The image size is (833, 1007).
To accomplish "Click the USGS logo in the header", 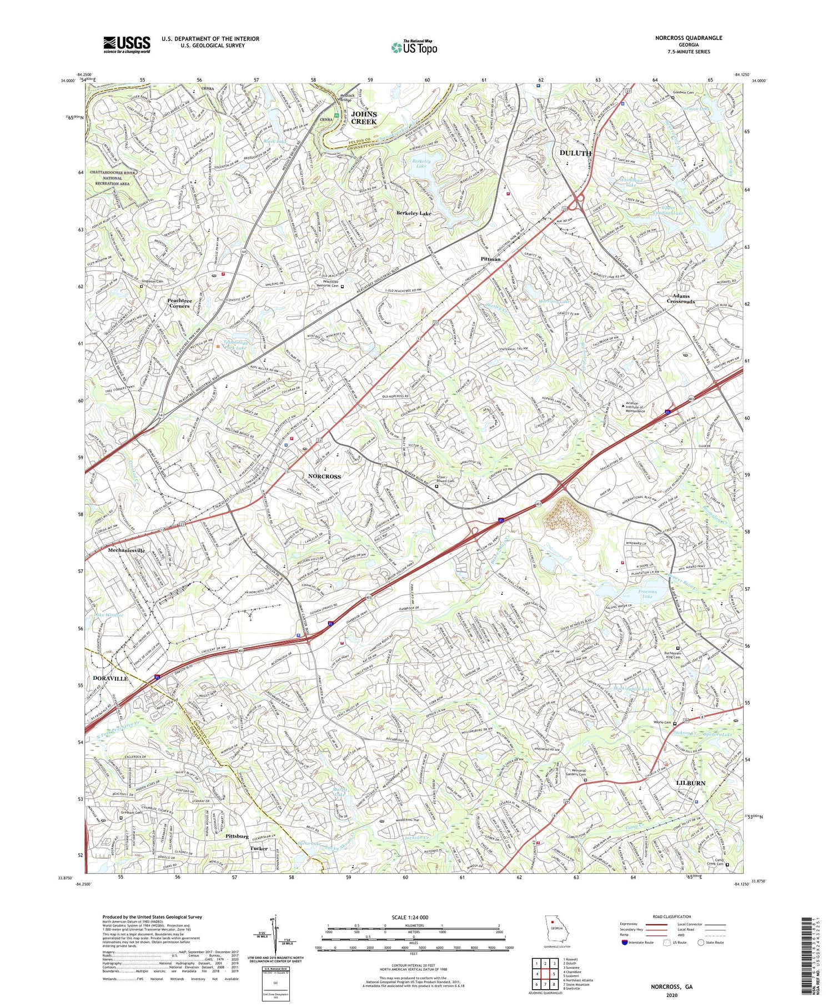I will coord(127,44).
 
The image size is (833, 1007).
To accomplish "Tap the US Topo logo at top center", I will coord(414,48).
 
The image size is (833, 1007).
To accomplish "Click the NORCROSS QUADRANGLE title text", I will coord(688,38).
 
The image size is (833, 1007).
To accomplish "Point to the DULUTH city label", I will coord(575,153).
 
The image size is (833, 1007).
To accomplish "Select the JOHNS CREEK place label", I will coord(364,118).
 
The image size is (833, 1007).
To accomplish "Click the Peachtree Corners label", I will coord(179,303).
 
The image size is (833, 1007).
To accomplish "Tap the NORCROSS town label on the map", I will coord(324,477).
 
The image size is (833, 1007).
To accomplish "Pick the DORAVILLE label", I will coord(110,679).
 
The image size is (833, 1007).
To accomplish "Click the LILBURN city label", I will coord(690,783).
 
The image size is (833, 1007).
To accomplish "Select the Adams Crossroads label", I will coord(681,299).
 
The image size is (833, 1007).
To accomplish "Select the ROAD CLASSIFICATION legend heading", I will coord(672,916).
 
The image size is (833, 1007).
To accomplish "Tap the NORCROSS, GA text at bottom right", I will coord(672,987).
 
